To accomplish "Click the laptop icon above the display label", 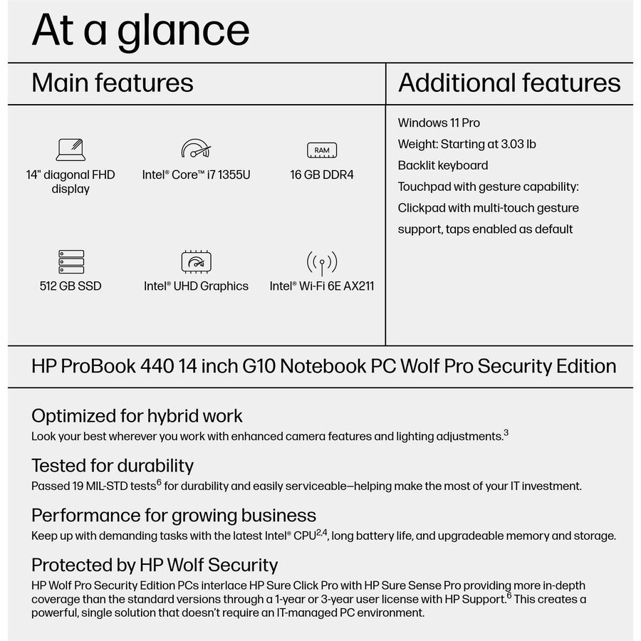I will pyautogui.click(x=71, y=150).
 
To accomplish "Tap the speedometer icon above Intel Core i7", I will pyautogui.click(x=196, y=149).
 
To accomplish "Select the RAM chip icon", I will pyautogui.click(x=322, y=150).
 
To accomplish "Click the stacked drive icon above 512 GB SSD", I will pyautogui.click(x=71, y=261).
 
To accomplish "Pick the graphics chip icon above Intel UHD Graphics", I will pyautogui.click(x=196, y=261).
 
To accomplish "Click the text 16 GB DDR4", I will pyautogui.click(x=322, y=174).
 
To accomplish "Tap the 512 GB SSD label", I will pyautogui.click(x=71, y=286).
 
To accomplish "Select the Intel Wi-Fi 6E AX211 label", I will pyautogui.click(x=322, y=286).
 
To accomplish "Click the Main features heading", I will pyautogui.click(x=113, y=83).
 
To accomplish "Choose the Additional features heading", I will pyautogui.click(x=509, y=83).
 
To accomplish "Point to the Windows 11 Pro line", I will pyautogui.click(x=439, y=123).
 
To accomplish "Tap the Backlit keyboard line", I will pyautogui.click(x=443, y=165).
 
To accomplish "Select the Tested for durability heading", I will pyautogui.click(x=113, y=466).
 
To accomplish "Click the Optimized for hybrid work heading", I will pyautogui.click(x=137, y=416).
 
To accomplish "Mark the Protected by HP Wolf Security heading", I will pyautogui.click(x=155, y=565).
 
